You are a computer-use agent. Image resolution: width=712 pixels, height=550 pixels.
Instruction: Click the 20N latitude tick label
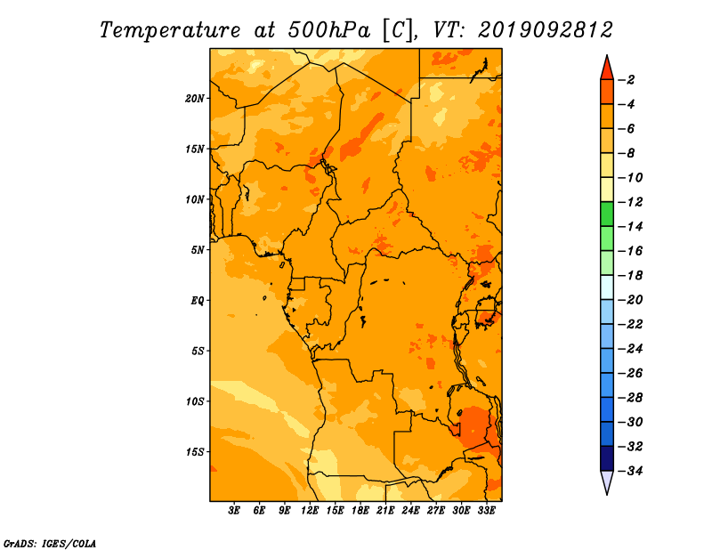[x=194, y=99]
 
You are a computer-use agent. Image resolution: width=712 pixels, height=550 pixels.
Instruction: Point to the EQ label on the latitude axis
[x=197, y=301]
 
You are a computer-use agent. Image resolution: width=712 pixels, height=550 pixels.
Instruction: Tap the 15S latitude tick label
[x=195, y=452]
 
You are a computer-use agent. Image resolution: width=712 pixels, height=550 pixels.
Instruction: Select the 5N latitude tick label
[x=198, y=250]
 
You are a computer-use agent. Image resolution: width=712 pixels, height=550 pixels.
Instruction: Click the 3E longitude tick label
[x=234, y=511]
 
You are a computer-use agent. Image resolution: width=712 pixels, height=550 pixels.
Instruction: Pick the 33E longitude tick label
[x=486, y=511]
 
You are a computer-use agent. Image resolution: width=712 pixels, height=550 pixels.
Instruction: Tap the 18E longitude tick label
[x=360, y=511]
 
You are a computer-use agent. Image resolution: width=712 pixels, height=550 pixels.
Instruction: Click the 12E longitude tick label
[x=310, y=511]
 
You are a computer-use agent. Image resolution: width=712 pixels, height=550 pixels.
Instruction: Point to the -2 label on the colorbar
[x=627, y=80]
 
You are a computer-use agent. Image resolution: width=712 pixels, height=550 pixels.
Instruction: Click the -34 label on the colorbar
[x=630, y=471]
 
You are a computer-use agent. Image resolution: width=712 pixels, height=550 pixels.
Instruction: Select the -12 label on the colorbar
[x=630, y=202]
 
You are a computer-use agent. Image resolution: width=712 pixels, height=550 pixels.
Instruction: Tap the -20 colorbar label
[x=630, y=300]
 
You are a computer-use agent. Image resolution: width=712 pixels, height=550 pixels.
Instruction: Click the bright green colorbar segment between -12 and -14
[x=607, y=214]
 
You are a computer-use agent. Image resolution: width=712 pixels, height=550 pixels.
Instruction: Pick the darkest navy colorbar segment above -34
[x=607, y=458]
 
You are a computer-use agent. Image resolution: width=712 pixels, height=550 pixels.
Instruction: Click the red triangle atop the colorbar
[x=607, y=69]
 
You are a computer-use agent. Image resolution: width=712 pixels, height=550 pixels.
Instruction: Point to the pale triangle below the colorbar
[x=607, y=482]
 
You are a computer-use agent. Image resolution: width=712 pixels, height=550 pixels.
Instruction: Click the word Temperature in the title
[x=170, y=30]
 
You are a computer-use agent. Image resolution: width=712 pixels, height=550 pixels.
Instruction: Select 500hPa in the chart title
[x=328, y=30]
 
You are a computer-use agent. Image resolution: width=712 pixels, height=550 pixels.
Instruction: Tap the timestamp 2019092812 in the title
[x=545, y=30]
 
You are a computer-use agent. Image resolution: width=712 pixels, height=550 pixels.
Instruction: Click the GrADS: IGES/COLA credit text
[x=50, y=544]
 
